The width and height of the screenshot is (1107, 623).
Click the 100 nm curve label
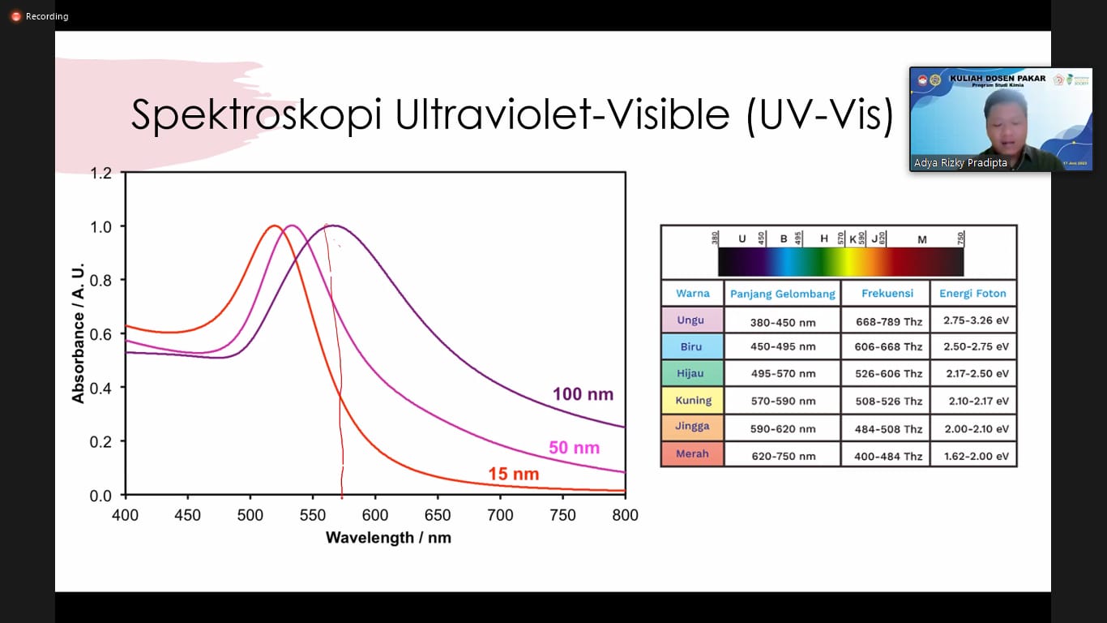coord(583,395)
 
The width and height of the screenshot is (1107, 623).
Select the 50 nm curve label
coord(574,448)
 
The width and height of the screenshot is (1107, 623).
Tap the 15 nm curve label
coord(513,475)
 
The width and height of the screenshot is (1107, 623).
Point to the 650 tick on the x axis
coord(438,515)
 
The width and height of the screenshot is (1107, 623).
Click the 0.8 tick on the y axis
coord(100,280)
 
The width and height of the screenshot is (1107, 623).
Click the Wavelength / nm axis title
coord(388,538)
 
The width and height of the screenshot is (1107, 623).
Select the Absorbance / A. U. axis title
coord(79,334)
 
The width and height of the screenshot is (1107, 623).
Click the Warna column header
coord(692,294)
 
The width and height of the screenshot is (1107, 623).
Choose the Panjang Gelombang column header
coord(782,294)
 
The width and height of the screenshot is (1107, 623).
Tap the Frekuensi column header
coord(887,294)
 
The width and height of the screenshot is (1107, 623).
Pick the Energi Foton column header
coord(972,294)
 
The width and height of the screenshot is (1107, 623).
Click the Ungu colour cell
coord(691,320)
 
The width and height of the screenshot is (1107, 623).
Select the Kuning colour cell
coord(693,400)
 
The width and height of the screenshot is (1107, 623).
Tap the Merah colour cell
coord(692,453)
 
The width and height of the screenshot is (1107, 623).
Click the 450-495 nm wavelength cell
coord(784,347)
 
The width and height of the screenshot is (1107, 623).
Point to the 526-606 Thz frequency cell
coord(888,374)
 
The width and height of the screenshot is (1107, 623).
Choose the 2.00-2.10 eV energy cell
coord(976,428)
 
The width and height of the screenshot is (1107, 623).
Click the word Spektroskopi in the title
coord(256,115)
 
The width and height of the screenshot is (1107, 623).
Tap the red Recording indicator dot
coord(15,16)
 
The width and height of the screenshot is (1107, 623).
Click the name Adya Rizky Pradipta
coord(960,163)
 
